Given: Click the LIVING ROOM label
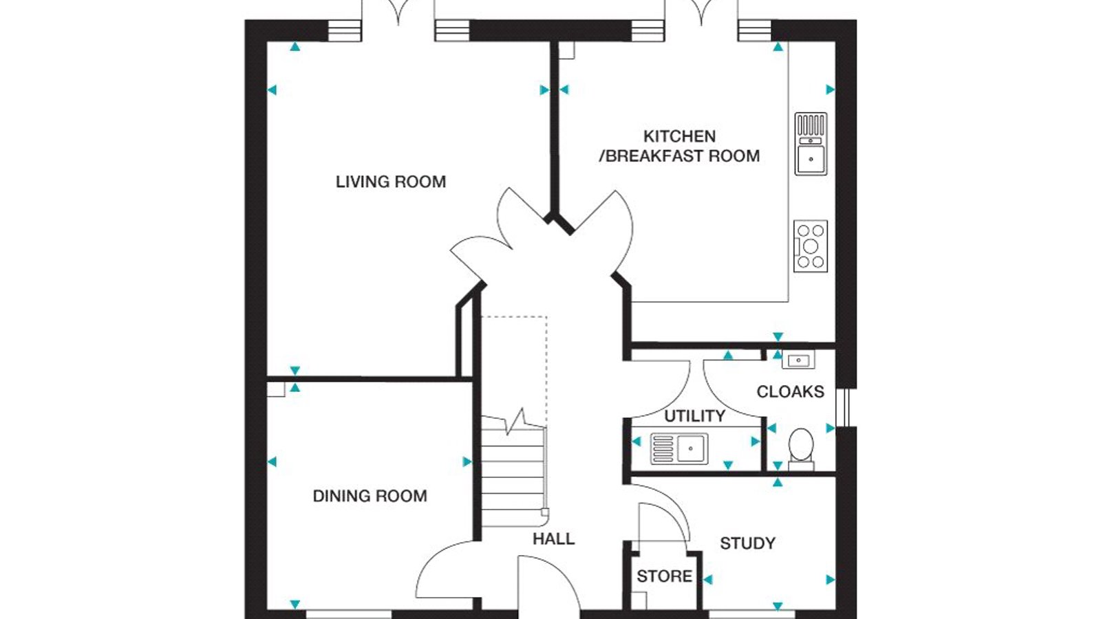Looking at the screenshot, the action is [391, 182].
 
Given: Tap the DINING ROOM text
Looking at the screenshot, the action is [370, 496].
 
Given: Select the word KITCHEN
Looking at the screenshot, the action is [679, 136].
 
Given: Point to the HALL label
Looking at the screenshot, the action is [553, 539].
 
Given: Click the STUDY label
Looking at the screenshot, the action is [747, 543].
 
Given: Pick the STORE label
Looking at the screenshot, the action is [665, 576].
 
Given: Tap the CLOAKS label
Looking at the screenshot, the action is [791, 391].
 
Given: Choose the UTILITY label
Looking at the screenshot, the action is [694, 416].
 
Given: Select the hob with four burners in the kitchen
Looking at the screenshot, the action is [811, 246].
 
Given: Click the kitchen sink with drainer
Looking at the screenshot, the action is [811, 144].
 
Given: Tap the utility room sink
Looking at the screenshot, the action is [679, 448].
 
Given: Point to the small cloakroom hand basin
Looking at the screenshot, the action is [798, 360].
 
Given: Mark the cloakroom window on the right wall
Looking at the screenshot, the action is [846, 408].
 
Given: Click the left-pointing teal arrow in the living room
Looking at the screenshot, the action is [272, 90].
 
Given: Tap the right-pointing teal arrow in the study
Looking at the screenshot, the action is [830, 580].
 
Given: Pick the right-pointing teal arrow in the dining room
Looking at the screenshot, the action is [467, 461].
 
